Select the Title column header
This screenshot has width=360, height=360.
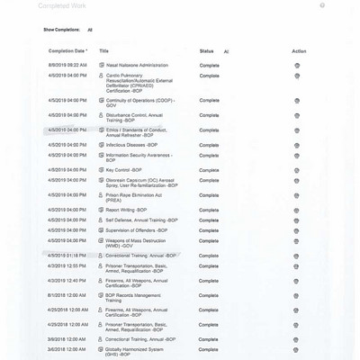(x=103, y=51)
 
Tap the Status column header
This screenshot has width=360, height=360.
(x=207, y=51)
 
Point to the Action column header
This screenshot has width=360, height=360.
(x=299, y=51)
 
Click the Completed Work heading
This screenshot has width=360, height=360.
(x=63, y=5)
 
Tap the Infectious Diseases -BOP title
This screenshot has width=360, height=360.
(x=134, y=143)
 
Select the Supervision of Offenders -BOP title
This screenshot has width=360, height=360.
(x=142, y=230)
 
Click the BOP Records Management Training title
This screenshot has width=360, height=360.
(x=135, y=297)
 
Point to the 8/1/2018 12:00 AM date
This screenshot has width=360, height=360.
(x=67, y=294)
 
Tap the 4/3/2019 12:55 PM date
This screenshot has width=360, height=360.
(x=67, y=266)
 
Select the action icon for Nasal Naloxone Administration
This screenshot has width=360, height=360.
(x=298, y=65)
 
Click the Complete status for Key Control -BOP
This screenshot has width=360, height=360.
(x=209, y=169)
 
